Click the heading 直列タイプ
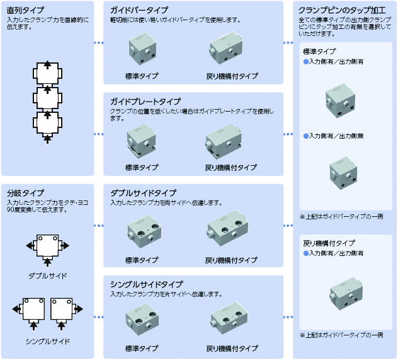coord(25,10)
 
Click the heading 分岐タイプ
coord(25,193)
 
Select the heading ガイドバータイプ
coord(139,10)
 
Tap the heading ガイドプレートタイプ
coord(145,102)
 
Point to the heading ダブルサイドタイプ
coord(143,193)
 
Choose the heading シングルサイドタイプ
coord(147,284)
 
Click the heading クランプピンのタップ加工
coord(342,10)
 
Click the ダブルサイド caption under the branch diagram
coord(48,276)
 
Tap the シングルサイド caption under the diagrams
coord(48,342)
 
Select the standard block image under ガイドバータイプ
coord(142,49)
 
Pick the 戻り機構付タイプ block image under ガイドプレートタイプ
coord(224,142)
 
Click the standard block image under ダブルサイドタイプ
coord(144,231)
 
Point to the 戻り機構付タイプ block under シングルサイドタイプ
coord(229,318)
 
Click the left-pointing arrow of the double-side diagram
coord(30,246)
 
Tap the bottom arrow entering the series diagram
coord(47,140)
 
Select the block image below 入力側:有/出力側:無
coord(343,173)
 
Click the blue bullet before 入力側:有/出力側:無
coord(306,136)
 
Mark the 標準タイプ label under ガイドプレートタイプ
coord(142,168)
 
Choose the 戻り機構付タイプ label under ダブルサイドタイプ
coord(231,260)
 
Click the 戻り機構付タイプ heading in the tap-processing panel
coord(329,243)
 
